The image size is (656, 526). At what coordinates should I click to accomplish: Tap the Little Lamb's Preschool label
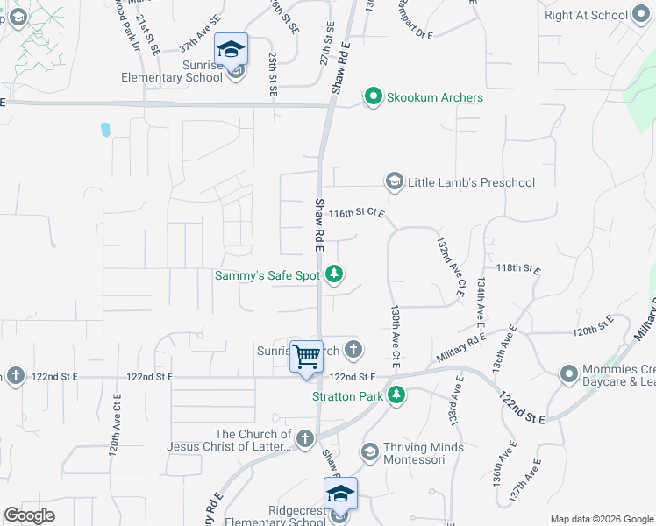click(471, 182)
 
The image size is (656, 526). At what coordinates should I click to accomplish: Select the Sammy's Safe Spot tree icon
click(333, 275)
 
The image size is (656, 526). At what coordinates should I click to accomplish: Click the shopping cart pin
click(306, 357)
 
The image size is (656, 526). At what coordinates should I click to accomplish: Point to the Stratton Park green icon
click(396, 396)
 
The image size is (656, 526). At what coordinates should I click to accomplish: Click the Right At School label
click(586, 15)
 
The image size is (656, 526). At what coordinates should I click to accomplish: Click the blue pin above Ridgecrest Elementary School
click(340, 494)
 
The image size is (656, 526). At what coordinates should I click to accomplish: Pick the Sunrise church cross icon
click(353, 351)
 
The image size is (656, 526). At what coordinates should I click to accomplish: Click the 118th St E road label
click(518, 268)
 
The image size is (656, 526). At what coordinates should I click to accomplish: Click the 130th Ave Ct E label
click(396, 336)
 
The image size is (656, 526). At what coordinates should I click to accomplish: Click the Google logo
click(30, 515)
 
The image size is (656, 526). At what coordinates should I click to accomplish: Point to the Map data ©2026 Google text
click(600, 519)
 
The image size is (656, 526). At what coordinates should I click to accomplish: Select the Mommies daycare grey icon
click(569, 374)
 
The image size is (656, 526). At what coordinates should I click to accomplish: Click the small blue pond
click(105, 130)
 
